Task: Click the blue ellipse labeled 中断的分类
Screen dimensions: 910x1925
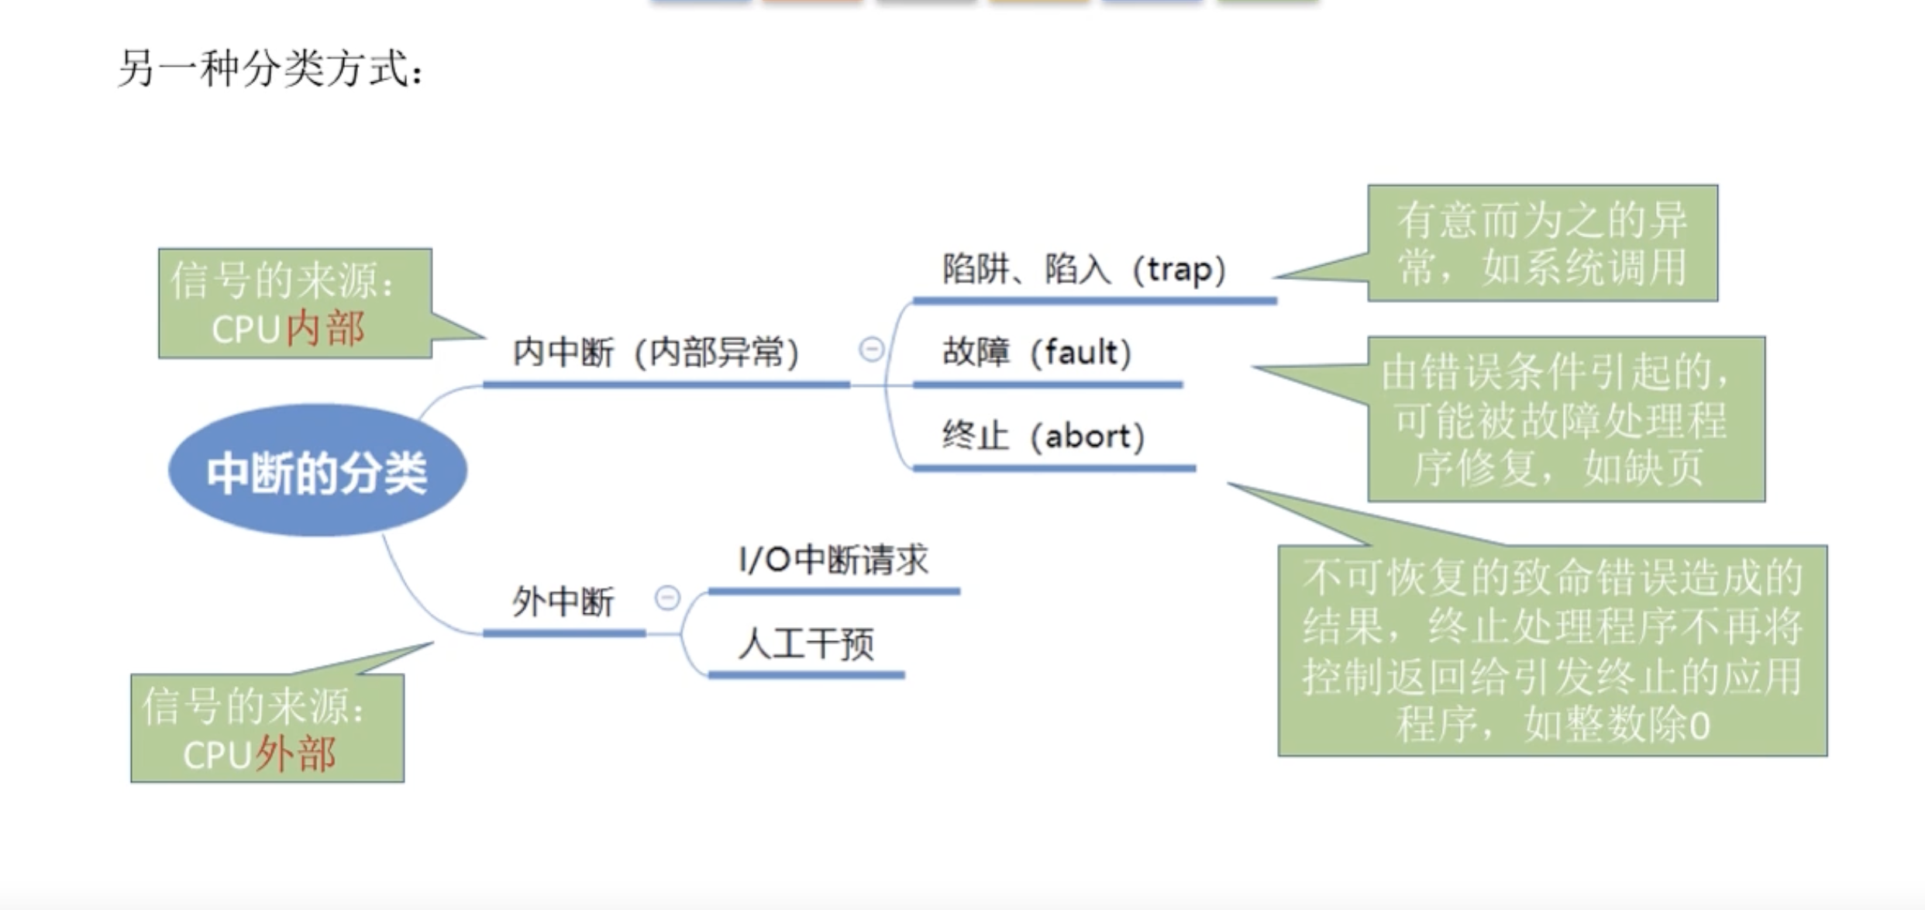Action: click(x=317, y=471)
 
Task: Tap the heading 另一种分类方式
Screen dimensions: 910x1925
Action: click(x=270, y=68)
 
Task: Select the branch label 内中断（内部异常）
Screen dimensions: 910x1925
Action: click(x=656, y=353)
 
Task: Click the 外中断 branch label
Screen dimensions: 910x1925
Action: click(x=563, y=601)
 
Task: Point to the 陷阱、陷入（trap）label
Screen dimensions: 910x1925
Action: click(x=1083, y=270)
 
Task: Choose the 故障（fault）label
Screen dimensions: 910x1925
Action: click(x=1037, y=353)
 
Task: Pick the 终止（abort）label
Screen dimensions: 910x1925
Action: click(x=1043, y=436)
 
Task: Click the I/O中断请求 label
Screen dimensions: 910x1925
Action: click(x=833, y=560)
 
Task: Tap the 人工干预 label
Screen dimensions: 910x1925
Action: click(x=806, y=643)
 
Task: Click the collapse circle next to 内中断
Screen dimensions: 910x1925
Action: click(x=871, y=350)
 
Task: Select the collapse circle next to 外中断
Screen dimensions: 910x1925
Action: click(x=667, y=598)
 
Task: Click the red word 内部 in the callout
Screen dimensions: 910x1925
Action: click(x=325, y=329)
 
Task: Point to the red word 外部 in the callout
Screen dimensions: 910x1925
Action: click(x=296, y=754)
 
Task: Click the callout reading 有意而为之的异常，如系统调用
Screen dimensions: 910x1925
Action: click(x=1542, y=243)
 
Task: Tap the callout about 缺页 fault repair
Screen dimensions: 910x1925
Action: click(x=1565, y=419)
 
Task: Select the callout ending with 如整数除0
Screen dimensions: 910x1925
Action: click(x=1552, y=651)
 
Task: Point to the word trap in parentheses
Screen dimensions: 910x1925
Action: click(x=1179, y=270)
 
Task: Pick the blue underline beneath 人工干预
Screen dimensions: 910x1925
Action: click(x=806, y=675)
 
